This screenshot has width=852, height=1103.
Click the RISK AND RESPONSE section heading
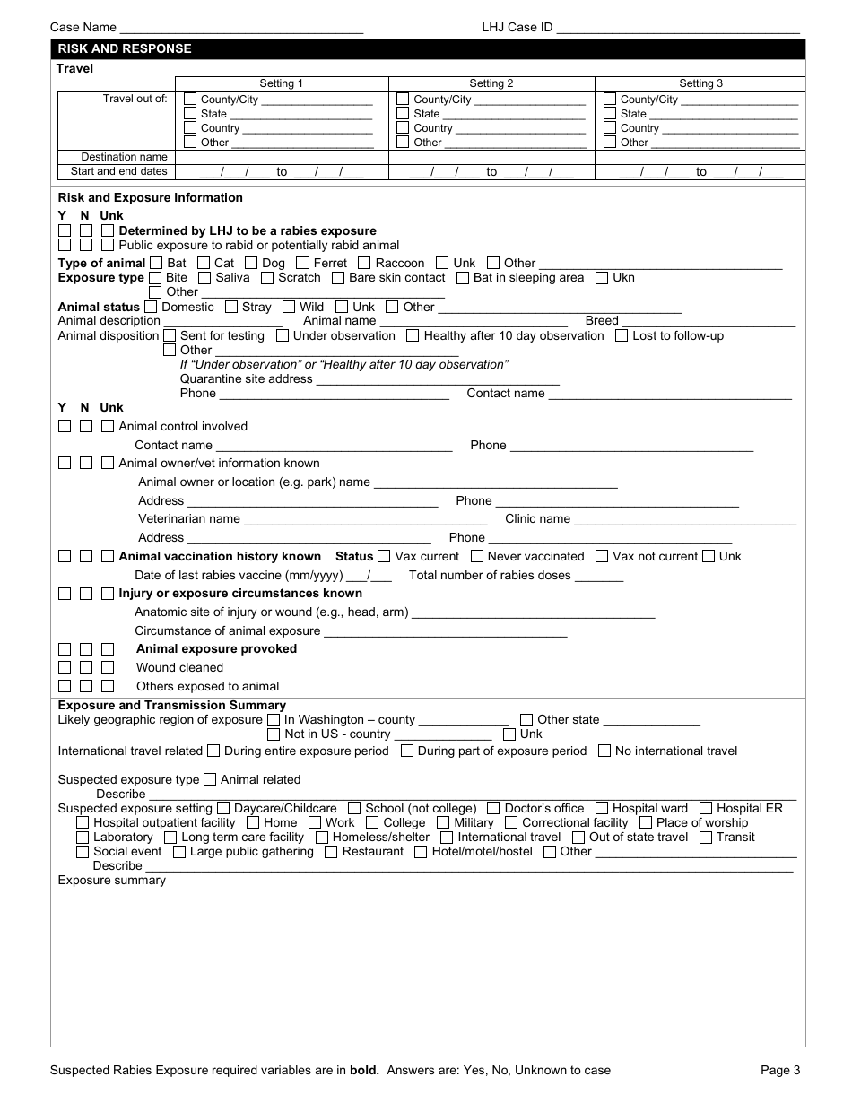coord(125,48)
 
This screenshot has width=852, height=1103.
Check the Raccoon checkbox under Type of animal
coord(363,263)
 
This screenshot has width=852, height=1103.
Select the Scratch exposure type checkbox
coord(266,278)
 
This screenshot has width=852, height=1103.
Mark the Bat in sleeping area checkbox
coord(462,278)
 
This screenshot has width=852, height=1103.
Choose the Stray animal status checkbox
coord(231,307)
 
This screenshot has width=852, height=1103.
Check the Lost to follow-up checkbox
coord(622,335)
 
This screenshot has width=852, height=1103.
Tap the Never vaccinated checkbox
coord(476,556)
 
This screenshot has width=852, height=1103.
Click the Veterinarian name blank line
coord(365,519)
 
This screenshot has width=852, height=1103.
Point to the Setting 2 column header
coord(491,83)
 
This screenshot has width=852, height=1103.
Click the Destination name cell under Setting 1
coord(281,157)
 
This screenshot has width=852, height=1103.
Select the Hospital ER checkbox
coord(706,808)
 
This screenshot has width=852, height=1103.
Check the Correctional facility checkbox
coord(511,822)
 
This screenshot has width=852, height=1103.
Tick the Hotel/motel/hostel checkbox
coord(421,851)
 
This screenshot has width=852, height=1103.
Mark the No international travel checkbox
coord(604,751)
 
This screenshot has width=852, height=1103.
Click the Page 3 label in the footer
coord(781,1070)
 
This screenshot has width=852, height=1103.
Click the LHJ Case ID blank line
coord(678,28)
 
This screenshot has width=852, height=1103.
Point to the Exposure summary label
coord(112,880)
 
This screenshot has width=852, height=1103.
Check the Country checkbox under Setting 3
coord(610,128)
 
